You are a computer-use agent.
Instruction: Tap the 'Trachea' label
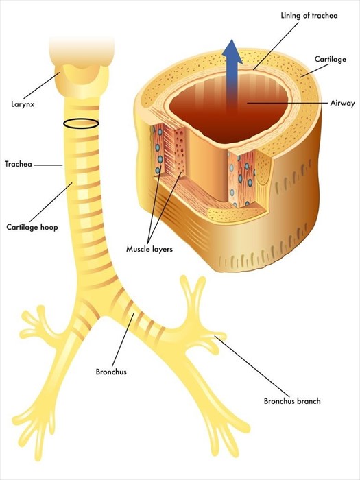(19, 164)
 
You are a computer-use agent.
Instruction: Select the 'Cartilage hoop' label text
(32, 226)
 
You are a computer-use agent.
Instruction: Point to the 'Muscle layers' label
(149, 249)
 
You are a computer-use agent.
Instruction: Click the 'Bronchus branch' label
(292, 401)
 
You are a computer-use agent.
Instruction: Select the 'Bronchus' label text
(110, 372)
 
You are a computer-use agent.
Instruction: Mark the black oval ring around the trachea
(81, 124)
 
